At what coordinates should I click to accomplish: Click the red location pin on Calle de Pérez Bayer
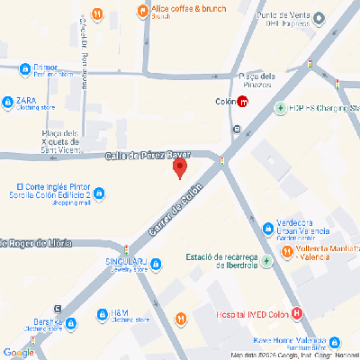pos(179,167)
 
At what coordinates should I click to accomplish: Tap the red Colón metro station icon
pos(244,101)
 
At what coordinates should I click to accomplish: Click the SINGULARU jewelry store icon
pos(157,264)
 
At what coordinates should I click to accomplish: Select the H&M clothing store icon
pos(102,315)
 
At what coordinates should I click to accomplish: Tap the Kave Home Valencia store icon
pos(335,343)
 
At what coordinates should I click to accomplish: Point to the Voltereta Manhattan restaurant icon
pos(286,251)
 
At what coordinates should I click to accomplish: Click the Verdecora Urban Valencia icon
pos(267,229)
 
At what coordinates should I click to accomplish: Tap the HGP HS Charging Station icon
pos(282,108)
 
